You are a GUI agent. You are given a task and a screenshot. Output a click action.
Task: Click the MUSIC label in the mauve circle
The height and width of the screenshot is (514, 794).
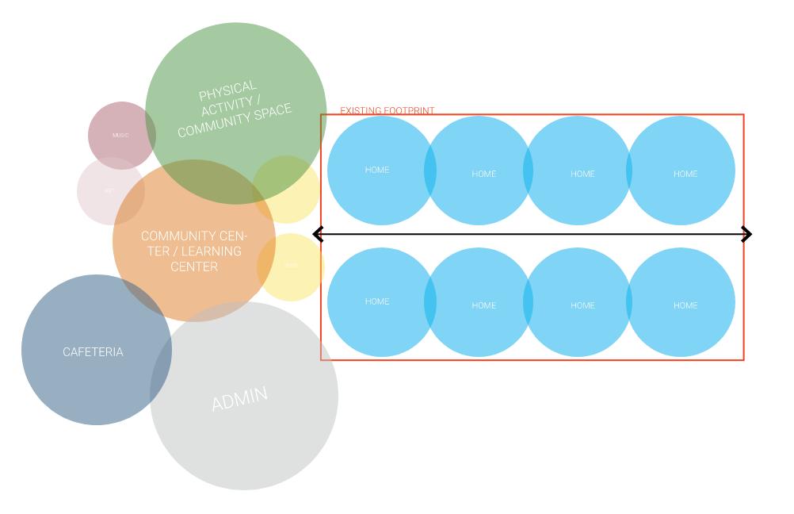click(x=120, y=136)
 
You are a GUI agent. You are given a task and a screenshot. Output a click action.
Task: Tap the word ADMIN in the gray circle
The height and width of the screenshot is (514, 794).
click(x=239, y=397)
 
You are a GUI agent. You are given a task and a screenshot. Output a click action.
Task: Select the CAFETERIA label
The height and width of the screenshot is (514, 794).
click(x=94, y=352)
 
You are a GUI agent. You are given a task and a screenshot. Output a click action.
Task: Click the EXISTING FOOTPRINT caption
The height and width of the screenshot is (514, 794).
click(x=387, y=111)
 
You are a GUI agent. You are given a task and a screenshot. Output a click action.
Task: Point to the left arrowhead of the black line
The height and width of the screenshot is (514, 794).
click(x=318, y=234)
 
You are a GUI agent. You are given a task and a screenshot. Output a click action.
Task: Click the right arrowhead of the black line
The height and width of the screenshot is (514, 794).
click(x=746, y=234)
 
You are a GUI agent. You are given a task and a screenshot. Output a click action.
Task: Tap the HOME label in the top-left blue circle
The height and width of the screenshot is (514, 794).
click(x=377, y=170)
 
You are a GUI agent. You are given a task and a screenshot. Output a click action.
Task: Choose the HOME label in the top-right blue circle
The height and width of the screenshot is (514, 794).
click(x=685, y=174)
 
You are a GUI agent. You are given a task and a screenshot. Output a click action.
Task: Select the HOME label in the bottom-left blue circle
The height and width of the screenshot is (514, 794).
click(x=377, y=301)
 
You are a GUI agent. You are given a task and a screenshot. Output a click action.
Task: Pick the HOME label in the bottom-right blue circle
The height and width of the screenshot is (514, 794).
click(x=685, y=305)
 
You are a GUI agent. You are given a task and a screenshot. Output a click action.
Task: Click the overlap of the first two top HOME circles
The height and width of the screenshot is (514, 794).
click(x=430, y=171)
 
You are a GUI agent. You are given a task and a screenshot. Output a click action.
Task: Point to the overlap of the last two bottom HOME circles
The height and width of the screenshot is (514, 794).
click(x=629, y=302)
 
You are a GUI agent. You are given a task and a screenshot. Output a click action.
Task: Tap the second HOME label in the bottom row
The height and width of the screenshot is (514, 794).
click(x=483, y=305)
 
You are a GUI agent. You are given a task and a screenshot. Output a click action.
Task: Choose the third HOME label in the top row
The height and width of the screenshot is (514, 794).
click(x=582, y=174)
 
